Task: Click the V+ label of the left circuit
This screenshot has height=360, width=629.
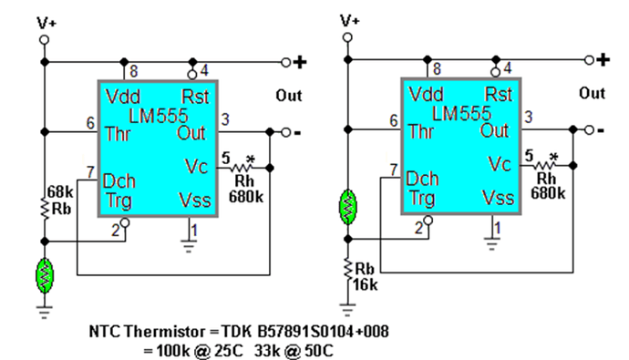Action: [45, 20]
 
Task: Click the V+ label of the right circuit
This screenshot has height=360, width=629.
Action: [348, 20]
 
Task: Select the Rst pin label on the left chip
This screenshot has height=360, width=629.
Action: [195, 95]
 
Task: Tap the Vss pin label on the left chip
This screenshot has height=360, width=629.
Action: [193, 196]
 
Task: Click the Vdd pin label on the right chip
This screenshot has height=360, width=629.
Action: [427, 95]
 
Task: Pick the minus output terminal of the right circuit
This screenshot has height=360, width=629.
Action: [602, 131]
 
